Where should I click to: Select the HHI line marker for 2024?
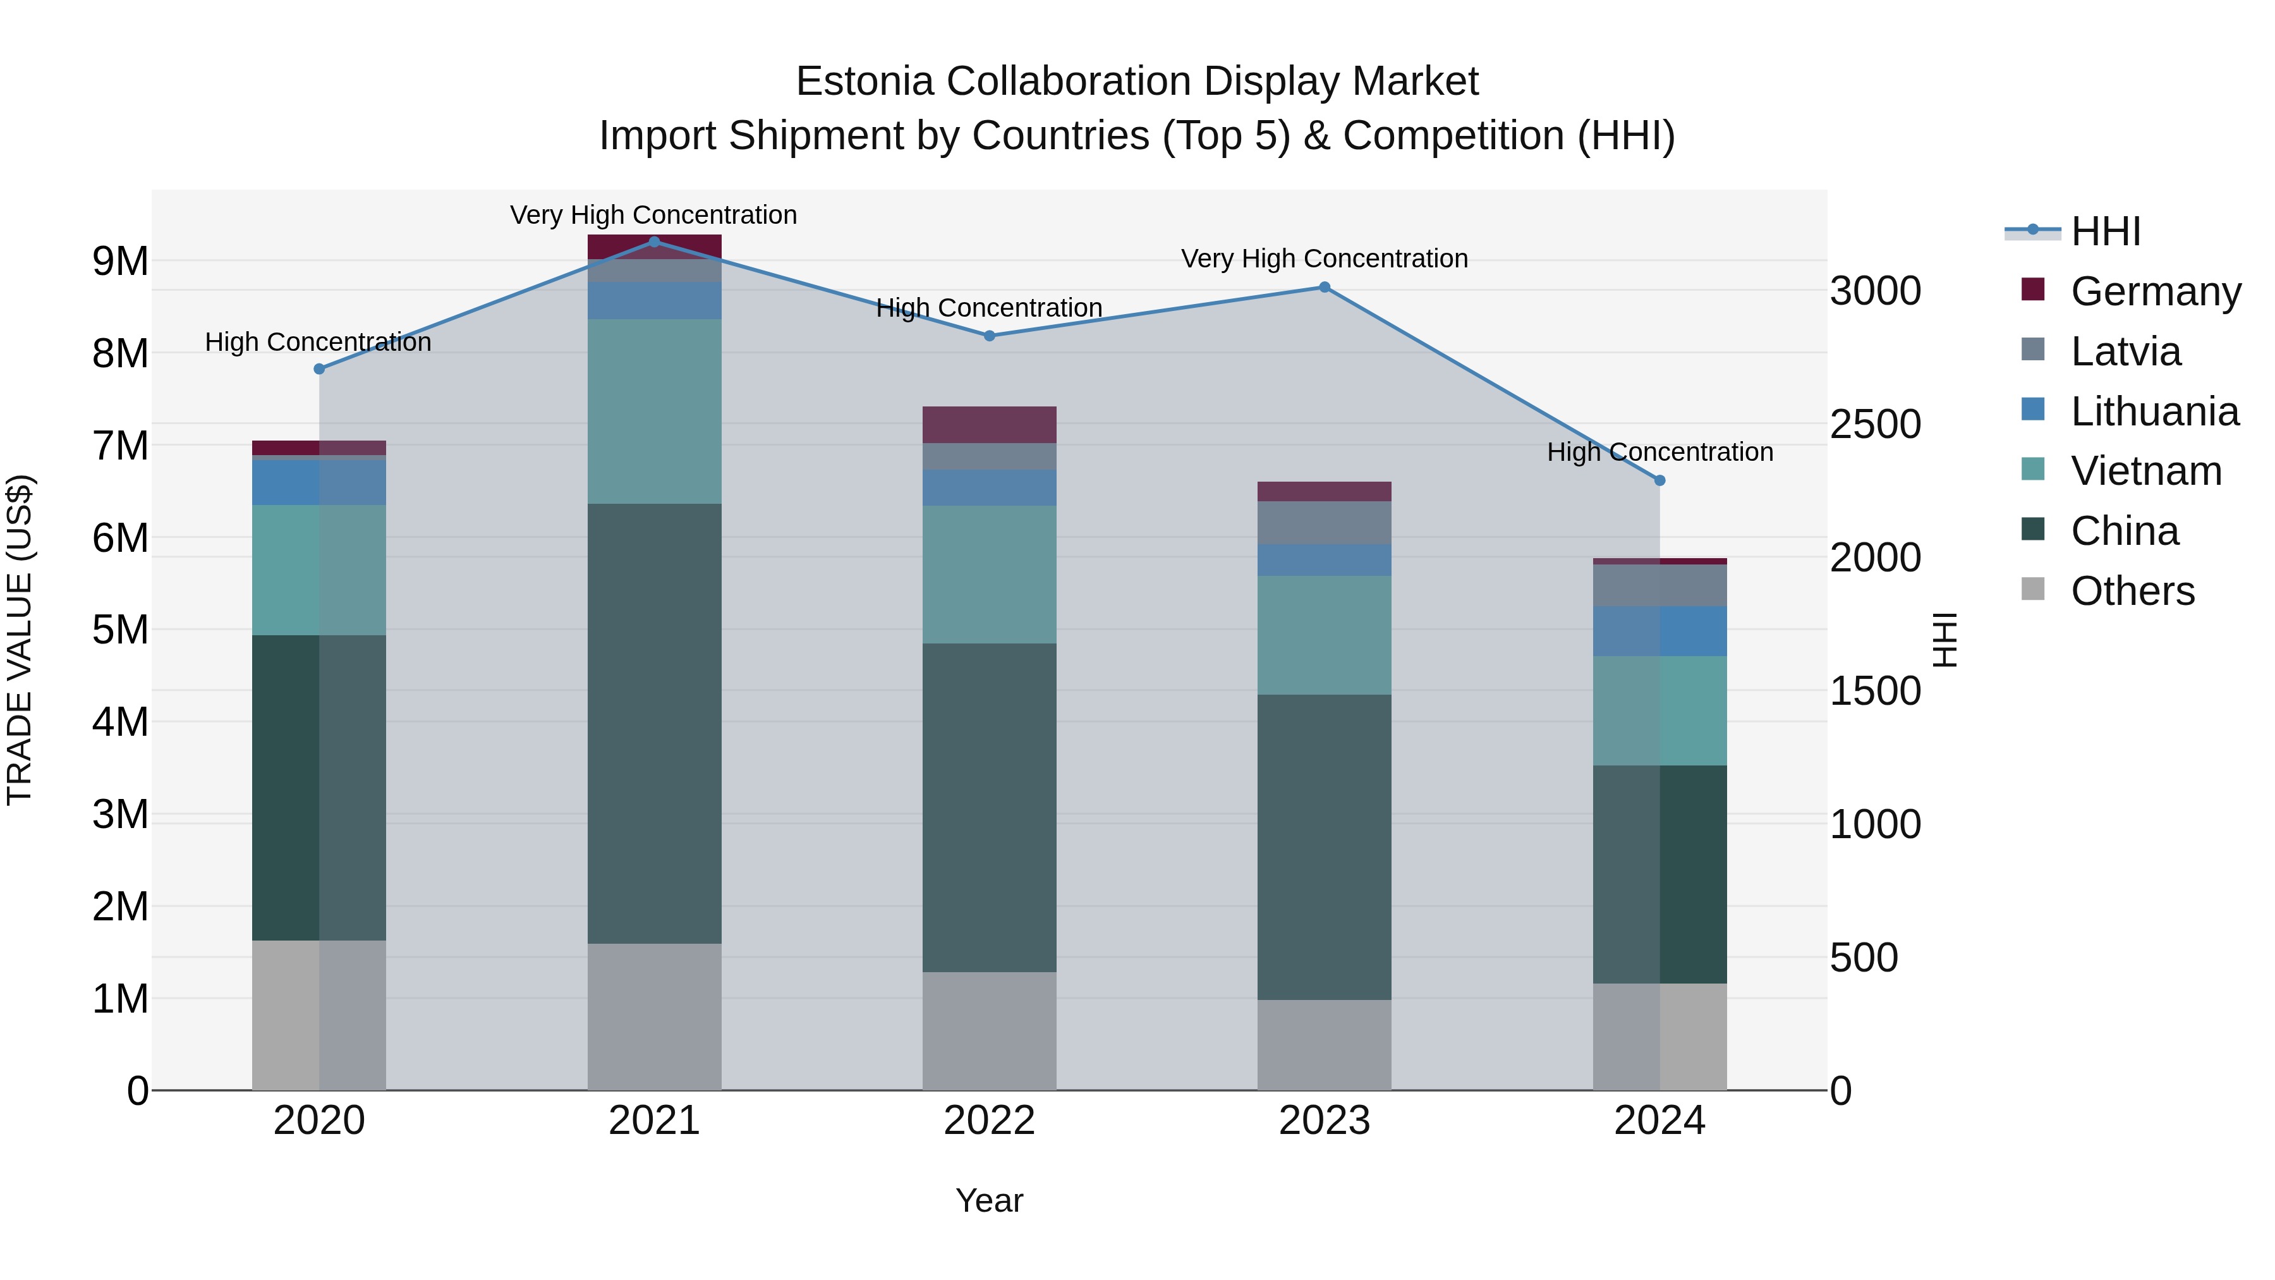pos(1659,480)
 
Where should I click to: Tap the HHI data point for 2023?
pos(1325,287)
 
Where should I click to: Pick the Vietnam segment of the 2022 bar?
pos(989,574)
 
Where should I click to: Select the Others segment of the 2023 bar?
pos(1325,1044)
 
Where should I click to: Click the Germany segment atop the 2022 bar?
pos(989,425)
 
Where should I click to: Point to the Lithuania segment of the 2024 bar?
pos(1659,631)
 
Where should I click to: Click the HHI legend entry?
pos(2106,231)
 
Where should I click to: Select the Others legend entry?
pos(2132,591)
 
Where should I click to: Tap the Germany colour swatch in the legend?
pos(2033,290)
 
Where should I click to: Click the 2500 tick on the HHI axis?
pos(1875,424)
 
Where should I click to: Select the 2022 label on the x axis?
pos(989,1121)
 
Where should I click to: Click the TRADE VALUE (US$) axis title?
pos(20,640)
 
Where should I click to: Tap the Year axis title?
pos(989,1200)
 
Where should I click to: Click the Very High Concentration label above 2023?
pos(1325,259)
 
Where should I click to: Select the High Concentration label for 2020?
pos(318,342)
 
